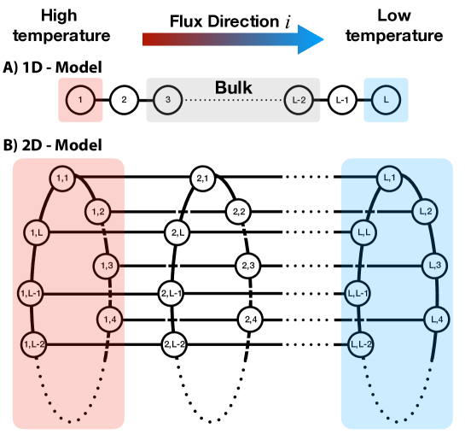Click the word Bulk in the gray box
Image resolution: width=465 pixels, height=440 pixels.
pos(233,87)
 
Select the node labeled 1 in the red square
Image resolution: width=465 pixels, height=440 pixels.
pos(80,100)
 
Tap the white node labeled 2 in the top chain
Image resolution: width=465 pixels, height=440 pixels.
pos(124,100)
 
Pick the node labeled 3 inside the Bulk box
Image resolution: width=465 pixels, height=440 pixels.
pos(168,100)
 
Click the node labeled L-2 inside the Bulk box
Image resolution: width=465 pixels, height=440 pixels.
pos(298,100)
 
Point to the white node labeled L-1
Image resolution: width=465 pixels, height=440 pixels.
pos(342,100)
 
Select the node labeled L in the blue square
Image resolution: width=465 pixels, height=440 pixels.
pos(387,100)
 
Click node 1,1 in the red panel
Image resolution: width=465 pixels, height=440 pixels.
pos(62,179)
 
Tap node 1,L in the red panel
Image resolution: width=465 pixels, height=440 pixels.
pos(37,232)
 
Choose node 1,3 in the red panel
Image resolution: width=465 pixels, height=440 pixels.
pos(107,266)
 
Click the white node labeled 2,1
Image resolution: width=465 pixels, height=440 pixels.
pos(203,179)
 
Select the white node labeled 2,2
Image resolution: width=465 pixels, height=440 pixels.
pos(238,211)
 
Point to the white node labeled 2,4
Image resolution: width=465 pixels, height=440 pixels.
pos(251,320)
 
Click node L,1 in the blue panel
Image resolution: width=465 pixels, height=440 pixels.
pos(390,179)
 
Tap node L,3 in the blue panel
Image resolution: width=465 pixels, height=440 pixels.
pos(433,266)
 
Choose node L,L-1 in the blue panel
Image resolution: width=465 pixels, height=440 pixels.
pos(359,293)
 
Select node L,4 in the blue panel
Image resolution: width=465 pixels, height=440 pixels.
pos(437,320)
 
